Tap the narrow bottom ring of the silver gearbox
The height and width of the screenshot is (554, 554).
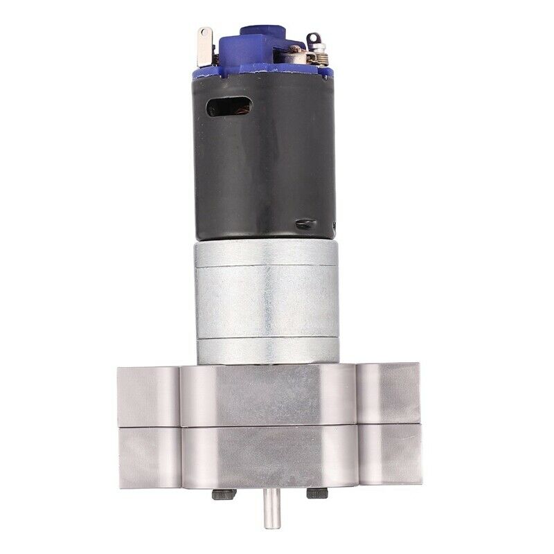point(267,350)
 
